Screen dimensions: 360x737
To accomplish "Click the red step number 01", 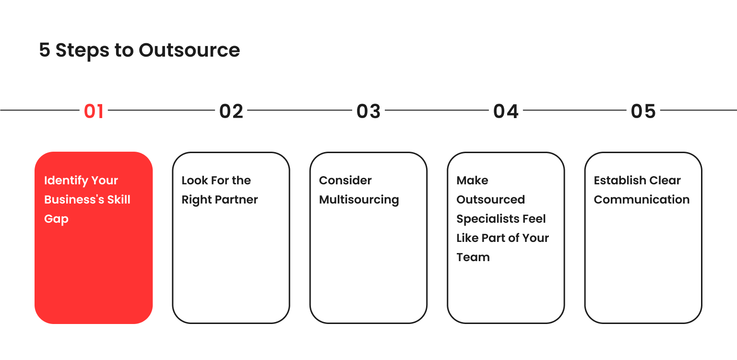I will tap(94, 111).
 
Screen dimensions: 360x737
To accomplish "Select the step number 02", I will tap(231, 111).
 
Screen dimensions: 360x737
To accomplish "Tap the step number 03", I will tap(368, 111).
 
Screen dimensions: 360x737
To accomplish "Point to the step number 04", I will tap(506, 111).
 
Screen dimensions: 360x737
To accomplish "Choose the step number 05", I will tap(643, 111).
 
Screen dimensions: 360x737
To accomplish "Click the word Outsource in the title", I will tap(190, 50).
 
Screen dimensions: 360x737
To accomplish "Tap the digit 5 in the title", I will tap(45, 50).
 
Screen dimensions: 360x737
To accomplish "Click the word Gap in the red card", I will tap(56, 219).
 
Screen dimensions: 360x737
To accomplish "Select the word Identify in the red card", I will tap(65, 181).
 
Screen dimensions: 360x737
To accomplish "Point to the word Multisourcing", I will tap(359, 200).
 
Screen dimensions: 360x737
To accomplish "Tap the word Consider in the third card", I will tap(345, 180).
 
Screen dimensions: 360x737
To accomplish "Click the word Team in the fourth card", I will tap(473, 257).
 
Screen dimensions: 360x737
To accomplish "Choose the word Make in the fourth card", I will tap(472, 180).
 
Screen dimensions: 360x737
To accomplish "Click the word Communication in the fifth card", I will tap(642, 200).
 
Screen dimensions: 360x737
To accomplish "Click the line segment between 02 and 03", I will tap(299, 110).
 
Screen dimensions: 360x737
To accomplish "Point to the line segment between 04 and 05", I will tap(574, 110).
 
